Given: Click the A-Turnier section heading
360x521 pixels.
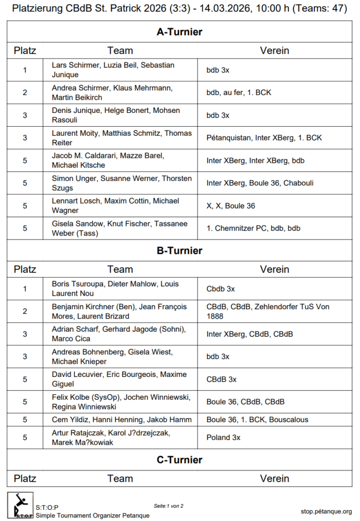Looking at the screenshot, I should pos(179,32).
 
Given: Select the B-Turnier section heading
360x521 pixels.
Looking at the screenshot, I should pos(179,251).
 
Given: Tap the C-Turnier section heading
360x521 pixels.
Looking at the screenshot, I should pos(179,460).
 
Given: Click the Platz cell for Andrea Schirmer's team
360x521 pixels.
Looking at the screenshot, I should pos(25,93).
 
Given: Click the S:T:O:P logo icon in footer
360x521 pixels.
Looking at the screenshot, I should pos(20,505).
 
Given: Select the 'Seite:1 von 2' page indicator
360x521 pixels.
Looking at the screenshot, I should pos(168,506).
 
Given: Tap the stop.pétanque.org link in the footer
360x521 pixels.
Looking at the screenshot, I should pos(326,511).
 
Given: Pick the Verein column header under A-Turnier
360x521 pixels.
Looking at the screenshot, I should pos(274,50).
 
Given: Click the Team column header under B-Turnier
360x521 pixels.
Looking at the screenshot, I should pos(120,269).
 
